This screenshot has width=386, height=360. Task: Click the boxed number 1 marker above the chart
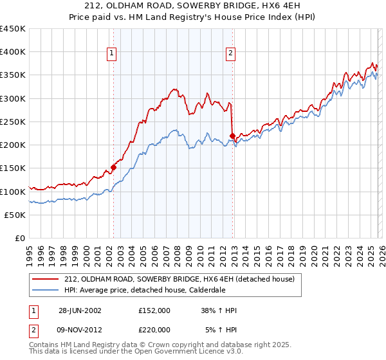click(112, 53)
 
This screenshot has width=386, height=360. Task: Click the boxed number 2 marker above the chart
click(230, 53)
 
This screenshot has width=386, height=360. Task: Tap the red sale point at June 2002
click(114, 167)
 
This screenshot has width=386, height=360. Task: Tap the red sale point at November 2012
click(232, 136)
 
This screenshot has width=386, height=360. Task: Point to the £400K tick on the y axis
click(13, 52)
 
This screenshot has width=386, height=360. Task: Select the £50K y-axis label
click(15, 215)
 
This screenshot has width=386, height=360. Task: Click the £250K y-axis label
click(13, 122)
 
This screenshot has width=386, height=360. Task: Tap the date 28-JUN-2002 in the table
click(82, 310)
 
